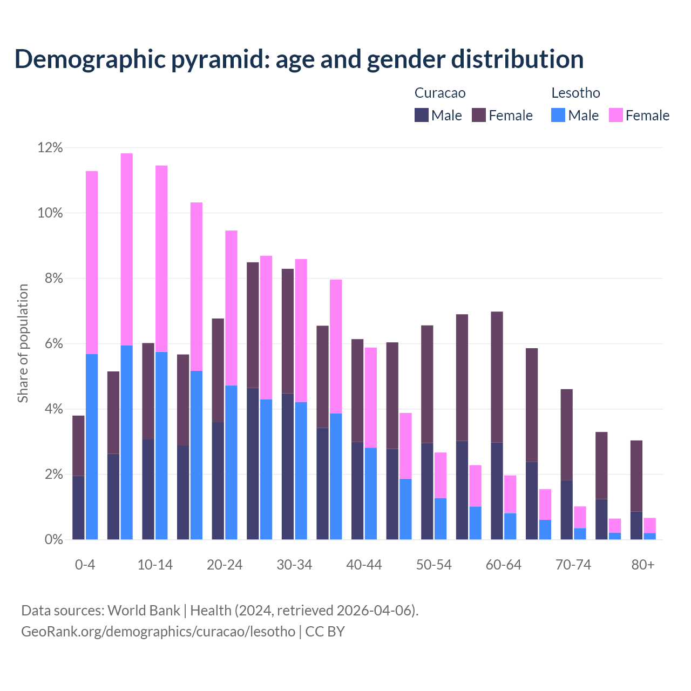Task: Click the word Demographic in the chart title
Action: pos(90,59)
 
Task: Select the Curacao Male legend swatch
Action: pos(421,115)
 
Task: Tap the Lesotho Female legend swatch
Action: pos(615,115)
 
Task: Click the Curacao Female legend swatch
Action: pos(479,115)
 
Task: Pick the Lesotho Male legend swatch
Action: pos(558,115)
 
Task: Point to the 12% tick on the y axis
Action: pos(50,148)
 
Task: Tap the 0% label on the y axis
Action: pos(53,540)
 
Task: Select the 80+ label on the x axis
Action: pos(643,565)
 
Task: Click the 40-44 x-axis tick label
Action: pos(364,565)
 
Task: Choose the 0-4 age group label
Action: pos(85,565)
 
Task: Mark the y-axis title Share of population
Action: pos(23,343)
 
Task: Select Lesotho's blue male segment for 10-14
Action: pos(161,445)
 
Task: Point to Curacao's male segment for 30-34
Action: pos(288,466)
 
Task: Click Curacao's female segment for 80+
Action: pos(636,476)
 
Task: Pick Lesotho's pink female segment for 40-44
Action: pos(371,397)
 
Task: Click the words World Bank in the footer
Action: pos(144,611)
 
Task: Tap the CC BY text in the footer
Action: pos(325,632)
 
